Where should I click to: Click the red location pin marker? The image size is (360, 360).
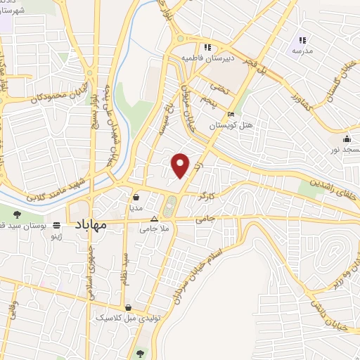point(181,165)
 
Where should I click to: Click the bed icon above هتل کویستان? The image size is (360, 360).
point(231,115)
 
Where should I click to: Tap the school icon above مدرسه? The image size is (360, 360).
point(302,40)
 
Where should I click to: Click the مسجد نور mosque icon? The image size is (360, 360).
point(347,139)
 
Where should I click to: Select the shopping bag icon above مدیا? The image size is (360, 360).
point(135,198)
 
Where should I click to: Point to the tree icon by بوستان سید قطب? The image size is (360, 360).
point(16,214)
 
